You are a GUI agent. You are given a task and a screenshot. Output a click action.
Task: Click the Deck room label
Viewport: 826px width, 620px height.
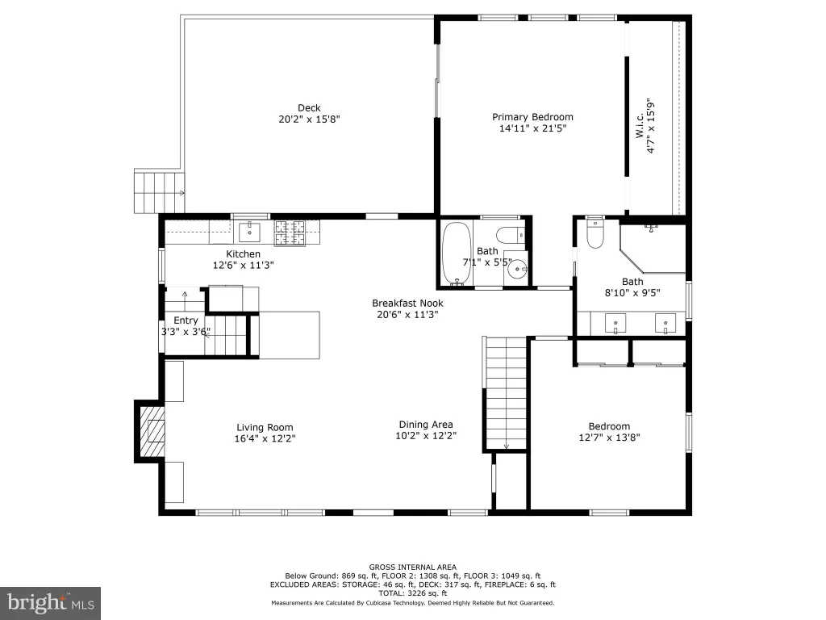pos(309,108)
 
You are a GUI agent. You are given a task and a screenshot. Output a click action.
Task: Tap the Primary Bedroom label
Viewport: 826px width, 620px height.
pos(532,117)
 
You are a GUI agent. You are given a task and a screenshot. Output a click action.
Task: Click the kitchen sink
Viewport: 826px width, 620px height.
pos(249,232)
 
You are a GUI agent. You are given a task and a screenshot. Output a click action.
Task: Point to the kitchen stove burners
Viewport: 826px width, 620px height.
pos(290,233)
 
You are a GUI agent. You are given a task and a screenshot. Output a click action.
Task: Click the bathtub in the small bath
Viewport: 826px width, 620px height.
pos(457,253)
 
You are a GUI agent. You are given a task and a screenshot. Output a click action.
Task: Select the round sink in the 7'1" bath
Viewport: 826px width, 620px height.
pos(517,270)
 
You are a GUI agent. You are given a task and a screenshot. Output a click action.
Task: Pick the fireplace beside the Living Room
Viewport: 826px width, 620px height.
pos(151,431)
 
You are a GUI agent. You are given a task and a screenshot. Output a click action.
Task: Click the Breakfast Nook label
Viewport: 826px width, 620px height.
pos(407,304)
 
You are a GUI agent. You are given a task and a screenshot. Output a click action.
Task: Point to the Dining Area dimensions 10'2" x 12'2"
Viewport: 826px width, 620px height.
pos(426,435)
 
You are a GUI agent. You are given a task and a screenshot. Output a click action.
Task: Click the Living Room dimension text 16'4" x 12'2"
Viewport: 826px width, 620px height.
pos(265,438)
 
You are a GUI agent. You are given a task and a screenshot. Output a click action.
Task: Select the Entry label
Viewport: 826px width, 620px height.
pos(186,320)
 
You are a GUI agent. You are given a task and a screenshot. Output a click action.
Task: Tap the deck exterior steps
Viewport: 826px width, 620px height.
pos(159,191)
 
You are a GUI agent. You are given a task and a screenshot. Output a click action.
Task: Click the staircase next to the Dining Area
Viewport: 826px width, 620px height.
pos(506,393)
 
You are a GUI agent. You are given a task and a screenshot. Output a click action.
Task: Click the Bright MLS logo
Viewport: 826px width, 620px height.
pos(51,603)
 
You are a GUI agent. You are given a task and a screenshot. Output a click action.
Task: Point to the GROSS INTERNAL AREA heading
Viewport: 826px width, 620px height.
pos(412,568)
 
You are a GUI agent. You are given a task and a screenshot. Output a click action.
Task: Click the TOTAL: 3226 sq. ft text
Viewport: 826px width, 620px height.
pos(412,593)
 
